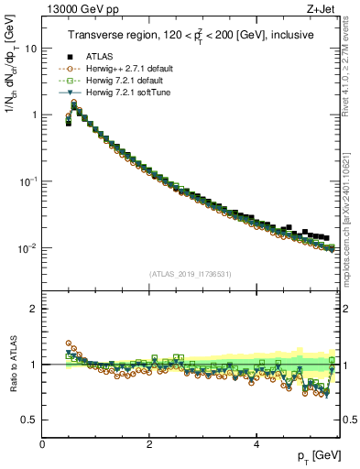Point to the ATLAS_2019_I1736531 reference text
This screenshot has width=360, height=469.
coord(191,274)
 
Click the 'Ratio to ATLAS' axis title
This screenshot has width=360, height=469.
coord(12,365)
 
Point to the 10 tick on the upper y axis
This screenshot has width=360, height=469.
coord(32,49)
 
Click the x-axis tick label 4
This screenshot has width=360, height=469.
coord(256,444)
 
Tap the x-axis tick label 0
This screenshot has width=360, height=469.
coord(43,444)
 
